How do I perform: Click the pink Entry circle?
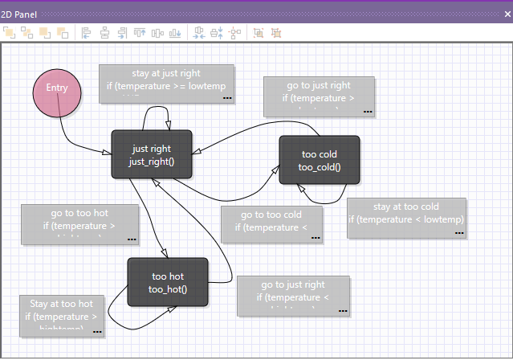[58, 89]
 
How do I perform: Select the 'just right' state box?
[152, 153]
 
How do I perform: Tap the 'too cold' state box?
[320, 160]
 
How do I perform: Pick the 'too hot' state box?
[168, 281]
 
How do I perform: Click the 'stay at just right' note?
[167, 84]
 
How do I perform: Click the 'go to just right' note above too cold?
[319, 96]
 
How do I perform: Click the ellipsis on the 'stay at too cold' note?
[459, 232]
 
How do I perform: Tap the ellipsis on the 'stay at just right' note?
[227, 98]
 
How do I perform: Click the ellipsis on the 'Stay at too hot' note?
[97, 329]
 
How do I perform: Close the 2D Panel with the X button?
[505, 14]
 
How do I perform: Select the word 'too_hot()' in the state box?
[168, 289]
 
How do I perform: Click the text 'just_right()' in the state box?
[152, 162]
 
